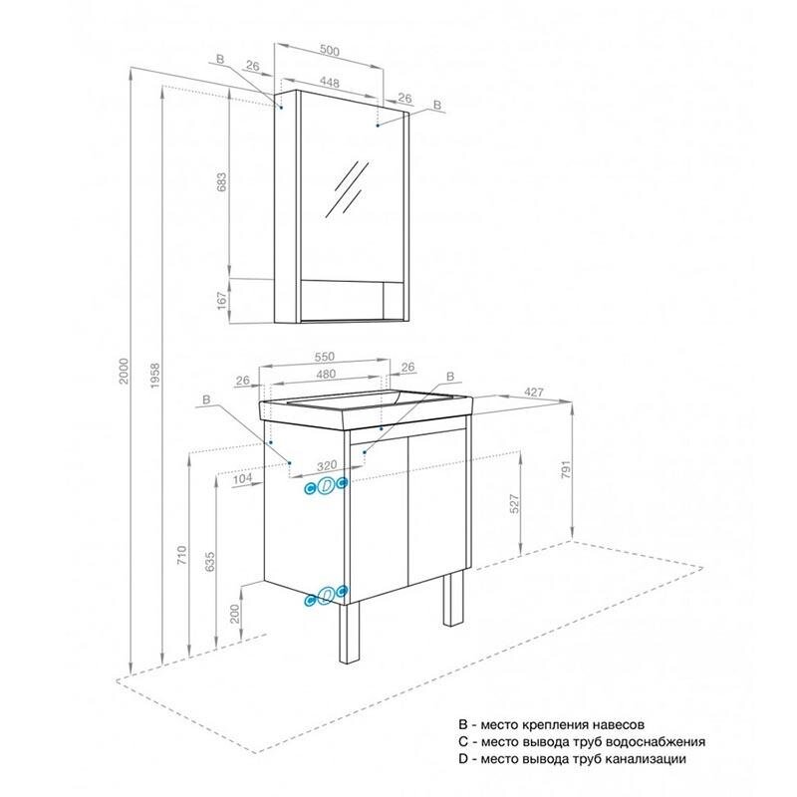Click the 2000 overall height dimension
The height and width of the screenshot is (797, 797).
click(x=124, y=371)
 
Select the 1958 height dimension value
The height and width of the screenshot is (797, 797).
click(x=155, y=376)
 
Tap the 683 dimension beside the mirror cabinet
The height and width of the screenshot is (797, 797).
click(x=221, y=182)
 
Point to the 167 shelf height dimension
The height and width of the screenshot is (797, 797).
click(x=221, y=301)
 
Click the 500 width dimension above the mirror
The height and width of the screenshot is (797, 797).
click(x=330, y=51)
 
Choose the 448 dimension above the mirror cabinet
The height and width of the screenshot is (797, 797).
click(x=330, y=82)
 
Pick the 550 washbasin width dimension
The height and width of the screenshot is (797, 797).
click(x=325, y=357)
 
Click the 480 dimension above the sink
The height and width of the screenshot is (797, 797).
click(x=326, y=375)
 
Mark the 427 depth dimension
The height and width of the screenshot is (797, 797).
click(x=534, y=392)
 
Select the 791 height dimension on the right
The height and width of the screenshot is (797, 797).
click(x=566, y=469)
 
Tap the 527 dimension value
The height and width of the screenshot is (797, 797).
click(x=514, y=503)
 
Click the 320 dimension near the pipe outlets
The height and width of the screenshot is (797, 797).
click(x=327, y=465)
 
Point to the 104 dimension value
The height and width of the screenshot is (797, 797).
click(x=242, y=478)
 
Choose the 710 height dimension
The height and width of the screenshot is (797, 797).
click(x=181, y=555)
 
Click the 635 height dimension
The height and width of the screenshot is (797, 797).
click(x=210, y=562)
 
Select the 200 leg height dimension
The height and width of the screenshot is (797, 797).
click(x=234, y=614)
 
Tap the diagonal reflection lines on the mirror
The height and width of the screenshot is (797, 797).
click(x=347, y=189)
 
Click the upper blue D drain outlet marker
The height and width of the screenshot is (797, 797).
click(x=327, y=486)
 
